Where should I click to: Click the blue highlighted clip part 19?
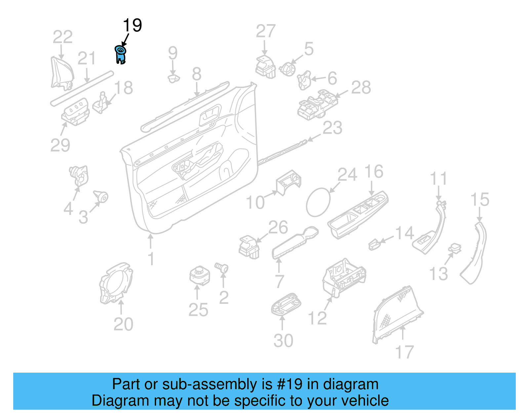(120, 55)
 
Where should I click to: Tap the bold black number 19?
(132, 25)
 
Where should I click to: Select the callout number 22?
(62, 37)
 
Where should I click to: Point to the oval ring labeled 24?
(318, 202)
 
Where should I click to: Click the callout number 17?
(404, 352)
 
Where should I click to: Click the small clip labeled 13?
(455, 248)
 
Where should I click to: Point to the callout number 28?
(361, 88)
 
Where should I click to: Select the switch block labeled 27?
(265, 67)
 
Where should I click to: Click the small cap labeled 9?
(174, 79)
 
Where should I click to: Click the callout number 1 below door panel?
(151, 259)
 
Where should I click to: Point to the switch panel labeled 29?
(76, 112)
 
